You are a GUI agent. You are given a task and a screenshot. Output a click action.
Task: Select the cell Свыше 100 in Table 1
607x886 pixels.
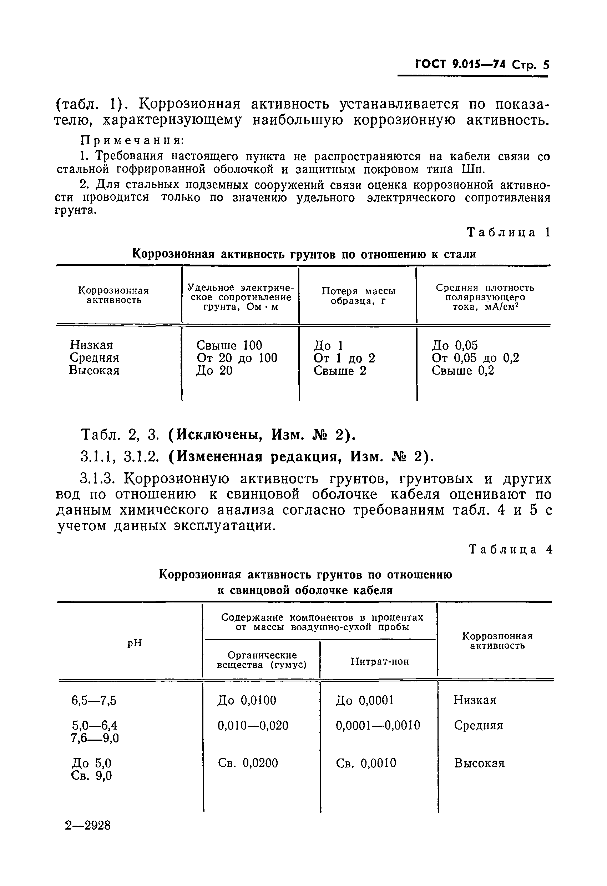point(229,345)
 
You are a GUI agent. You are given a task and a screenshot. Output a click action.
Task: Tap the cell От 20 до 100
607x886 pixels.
point(237,358)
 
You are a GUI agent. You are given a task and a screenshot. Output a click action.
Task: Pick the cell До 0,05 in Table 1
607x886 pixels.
point(454,345)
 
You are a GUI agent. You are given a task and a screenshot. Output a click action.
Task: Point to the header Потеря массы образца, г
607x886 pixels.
point(358,296)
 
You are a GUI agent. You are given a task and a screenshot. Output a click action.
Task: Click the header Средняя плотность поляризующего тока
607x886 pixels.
point(485,297)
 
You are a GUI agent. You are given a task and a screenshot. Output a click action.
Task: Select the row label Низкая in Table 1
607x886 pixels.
point(91,345)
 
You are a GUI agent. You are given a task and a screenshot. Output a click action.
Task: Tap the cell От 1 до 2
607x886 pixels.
point(344,358)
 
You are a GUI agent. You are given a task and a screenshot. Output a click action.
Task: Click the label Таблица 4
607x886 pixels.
point(510,549)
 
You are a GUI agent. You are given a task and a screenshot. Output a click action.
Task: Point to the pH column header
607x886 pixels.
point(134,643)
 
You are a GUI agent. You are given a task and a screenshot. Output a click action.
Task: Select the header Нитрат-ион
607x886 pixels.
point(380,661)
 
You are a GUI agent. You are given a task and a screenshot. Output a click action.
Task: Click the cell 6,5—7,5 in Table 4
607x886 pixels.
point(94,701)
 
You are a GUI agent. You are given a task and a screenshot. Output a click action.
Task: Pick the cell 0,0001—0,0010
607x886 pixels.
point(377,725)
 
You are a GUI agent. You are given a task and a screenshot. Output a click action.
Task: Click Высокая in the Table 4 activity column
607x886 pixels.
point(479,763)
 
